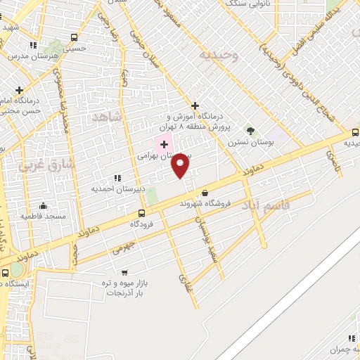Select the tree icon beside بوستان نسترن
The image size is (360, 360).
click(249, 131)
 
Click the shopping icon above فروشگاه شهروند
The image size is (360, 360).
click(205, 193)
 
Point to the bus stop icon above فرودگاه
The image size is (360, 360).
click(141, 213)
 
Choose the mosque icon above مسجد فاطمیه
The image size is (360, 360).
click(44, 206)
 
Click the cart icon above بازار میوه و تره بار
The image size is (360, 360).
click(124, 272)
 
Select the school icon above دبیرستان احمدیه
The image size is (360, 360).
click(117, 179)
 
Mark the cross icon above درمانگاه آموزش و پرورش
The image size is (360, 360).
click(195, 105)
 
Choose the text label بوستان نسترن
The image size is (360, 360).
click(244, 142)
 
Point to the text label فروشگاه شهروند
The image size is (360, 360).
click(205, 203)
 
